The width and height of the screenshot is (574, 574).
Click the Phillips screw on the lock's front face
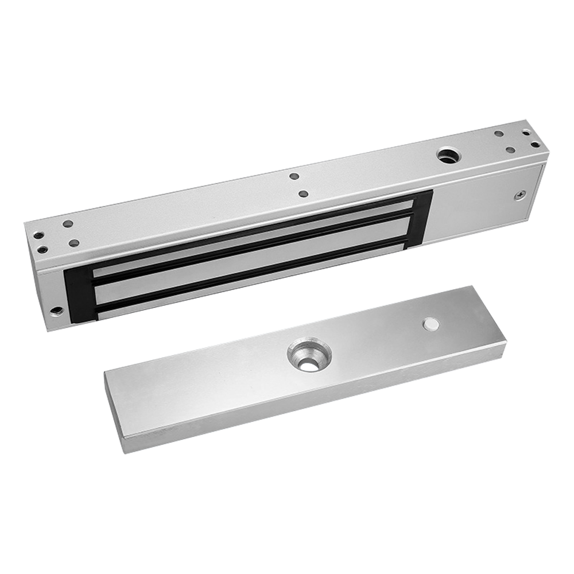[x=519, y=195]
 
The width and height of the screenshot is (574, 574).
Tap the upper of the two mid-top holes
[x=294, y=177]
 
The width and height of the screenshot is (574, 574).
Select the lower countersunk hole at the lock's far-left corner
[x=42, y=249]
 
